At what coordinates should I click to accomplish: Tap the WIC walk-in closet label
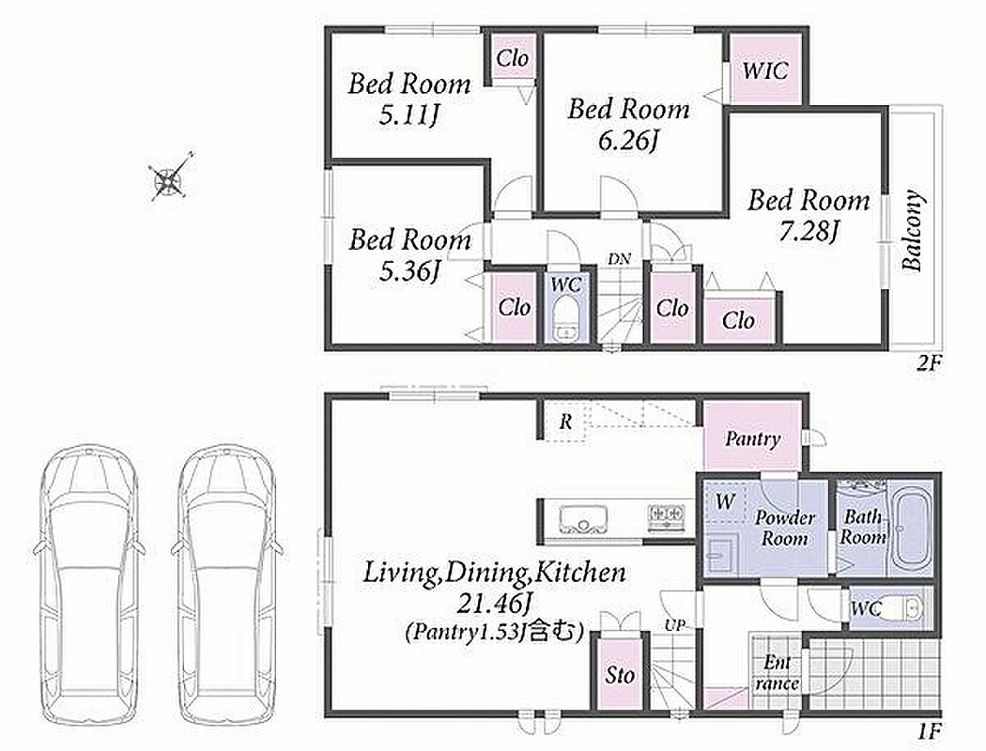[764, 70]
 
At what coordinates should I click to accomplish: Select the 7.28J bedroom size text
[809, 233]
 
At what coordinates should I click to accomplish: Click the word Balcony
[913, 230]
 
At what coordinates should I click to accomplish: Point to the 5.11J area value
[408, 115]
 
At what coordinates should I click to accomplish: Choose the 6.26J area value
[627, 141]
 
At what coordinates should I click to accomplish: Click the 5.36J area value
[408, 271]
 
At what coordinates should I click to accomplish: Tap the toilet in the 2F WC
[566, 320]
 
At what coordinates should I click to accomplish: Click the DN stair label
[619, 259]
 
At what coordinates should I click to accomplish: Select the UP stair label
[675, 625]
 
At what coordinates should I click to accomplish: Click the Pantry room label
[752, 438]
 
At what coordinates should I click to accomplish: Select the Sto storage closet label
[620, 675]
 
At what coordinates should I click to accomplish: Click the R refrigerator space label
[565, 421]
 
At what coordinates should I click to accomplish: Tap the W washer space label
[725, 501]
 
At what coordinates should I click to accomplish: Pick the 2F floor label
[926, 364]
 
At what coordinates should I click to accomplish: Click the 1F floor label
[928, 731]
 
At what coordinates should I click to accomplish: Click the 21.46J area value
[494, 605]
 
